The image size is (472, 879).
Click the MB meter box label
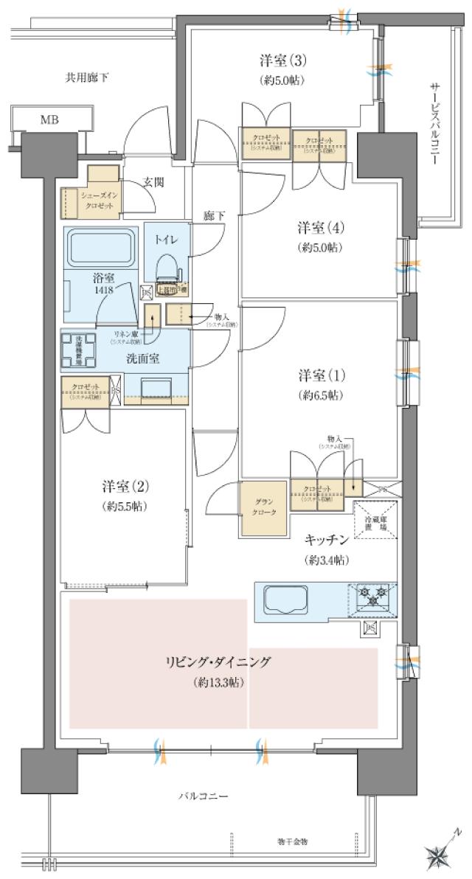pyautogui.click(x=49, y=119)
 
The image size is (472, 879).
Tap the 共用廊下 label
pyautogui.click(x=87, y=76)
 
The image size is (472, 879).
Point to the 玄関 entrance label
pyautogui.click(x=153, y=181)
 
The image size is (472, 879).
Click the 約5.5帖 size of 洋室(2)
pyautogui.click(x=126, y=507)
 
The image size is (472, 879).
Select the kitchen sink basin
pyautogui.click(x=285, y=601)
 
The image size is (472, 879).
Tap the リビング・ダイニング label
pyautogui.click(x=219, y=661)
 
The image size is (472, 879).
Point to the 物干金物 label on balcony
pyautogui.click(x=293, y=841)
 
